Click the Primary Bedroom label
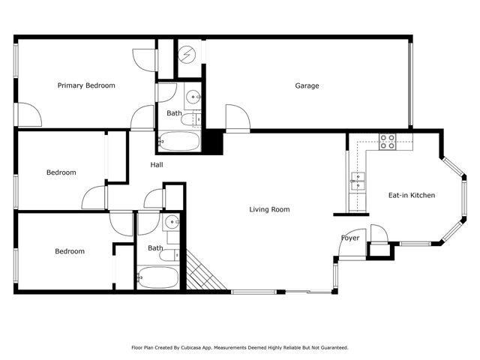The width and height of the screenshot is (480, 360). pos(86,85)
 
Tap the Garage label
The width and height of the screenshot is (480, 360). pos(306,85)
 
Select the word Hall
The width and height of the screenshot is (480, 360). pos(156,165)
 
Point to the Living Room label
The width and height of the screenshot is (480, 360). pos(269,209)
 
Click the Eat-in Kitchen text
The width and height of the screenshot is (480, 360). pos(411,195)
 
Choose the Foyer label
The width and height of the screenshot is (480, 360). pos(350,238)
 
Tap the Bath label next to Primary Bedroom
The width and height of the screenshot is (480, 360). pos(174,113)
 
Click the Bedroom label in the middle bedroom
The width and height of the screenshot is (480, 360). pos(61,172)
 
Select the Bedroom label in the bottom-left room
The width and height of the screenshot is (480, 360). pos(69,251)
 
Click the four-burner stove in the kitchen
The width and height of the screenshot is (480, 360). pos(387,141)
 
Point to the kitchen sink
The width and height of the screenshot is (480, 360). pos(357,180)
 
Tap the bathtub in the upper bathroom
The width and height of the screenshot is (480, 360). pos(178,140)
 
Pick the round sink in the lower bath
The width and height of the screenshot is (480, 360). pos(172,221)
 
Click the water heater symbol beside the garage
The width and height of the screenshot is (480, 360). pos(190,54)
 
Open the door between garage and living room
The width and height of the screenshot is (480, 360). pos(237,118)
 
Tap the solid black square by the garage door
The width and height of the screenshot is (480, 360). pos(214,141)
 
